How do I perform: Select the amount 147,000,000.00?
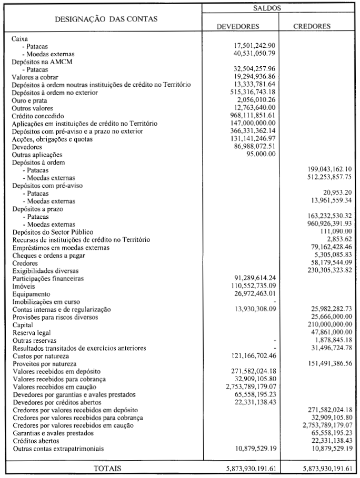click(x=255, y=123)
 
